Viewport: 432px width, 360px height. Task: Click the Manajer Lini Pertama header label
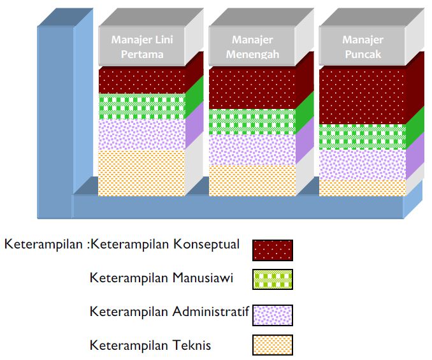click(142, 47)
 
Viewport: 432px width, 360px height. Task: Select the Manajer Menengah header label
click(252, 47)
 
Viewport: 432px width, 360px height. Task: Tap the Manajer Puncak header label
click(363, 47)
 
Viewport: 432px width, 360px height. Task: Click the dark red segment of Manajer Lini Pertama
click(142, 80)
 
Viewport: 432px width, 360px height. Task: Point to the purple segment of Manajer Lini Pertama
click(142, 134)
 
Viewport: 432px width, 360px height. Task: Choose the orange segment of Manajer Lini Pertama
click(142, 172)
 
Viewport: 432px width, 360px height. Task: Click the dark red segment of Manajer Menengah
click(252, 88)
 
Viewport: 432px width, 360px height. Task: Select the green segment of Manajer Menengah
click(252, 122)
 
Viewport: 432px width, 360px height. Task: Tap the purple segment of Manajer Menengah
click(252, 150)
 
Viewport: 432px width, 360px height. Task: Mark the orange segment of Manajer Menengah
click(252, 180)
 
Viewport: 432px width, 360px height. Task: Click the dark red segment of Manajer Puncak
click(363, 96)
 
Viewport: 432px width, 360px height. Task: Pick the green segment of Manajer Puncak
click(363, 136)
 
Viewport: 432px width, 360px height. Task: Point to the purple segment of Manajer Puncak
click(363, 164)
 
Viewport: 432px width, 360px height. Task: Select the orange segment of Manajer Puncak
click(363, 187)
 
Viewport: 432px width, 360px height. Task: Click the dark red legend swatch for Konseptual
click(273, 250)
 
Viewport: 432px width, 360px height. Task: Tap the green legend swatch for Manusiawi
click(273, 280)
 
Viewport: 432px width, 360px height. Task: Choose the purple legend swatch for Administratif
click(273, 314)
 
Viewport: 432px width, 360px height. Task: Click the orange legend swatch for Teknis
click(273, 345)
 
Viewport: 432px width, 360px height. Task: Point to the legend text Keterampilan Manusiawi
click(161, 277)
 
